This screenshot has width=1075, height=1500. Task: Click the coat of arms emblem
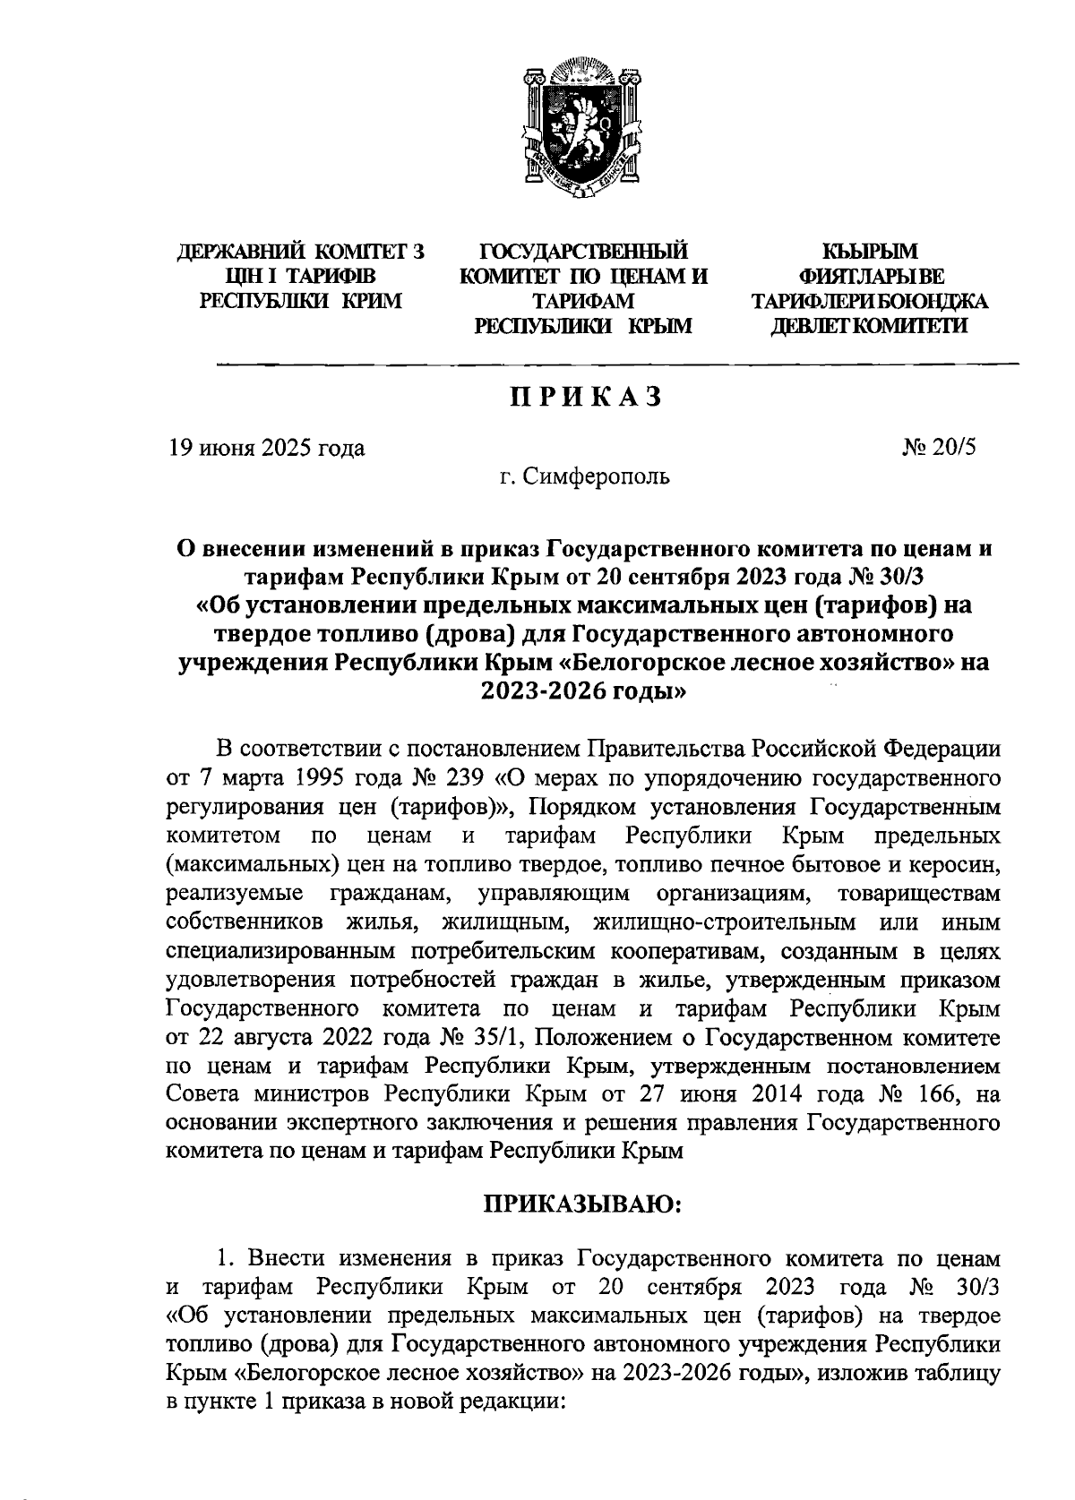point(581,129)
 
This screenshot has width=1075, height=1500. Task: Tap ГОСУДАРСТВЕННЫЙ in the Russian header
point(583,253)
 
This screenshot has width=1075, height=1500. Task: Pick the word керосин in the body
point(951,865)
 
